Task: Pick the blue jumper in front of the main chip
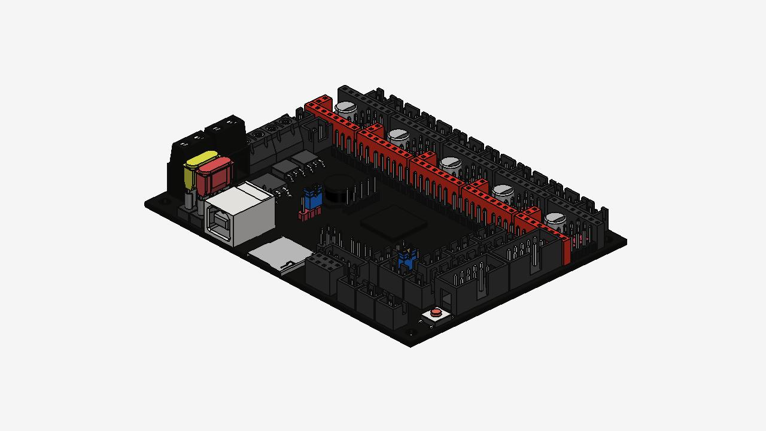406,259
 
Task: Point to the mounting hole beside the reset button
410,332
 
